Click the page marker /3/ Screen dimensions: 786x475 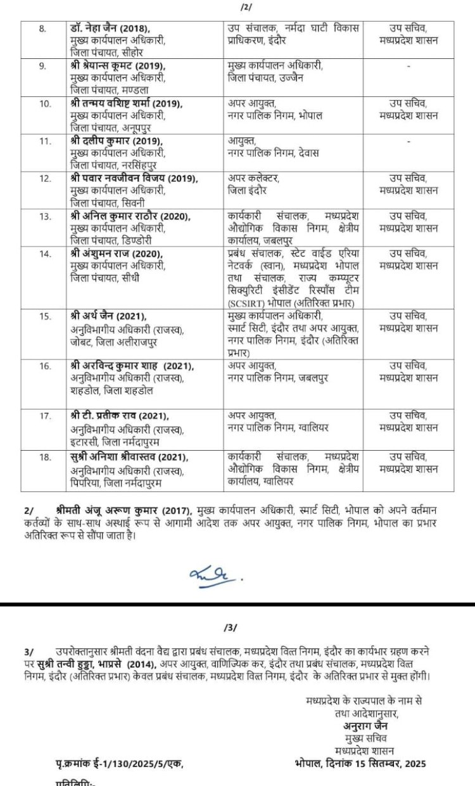(231, 628)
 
